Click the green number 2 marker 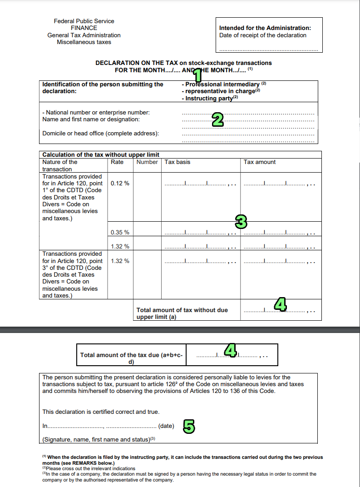click(218, 120)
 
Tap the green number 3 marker click(241, 222)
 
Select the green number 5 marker click(189, 426)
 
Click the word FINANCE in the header click(84, 28)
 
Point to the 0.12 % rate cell click(120, 184)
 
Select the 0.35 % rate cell click(120, 232)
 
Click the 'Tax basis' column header click(178, 162)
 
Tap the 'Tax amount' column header click(260, 162)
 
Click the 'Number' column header click(147, 162)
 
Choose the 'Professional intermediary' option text click(222, 84)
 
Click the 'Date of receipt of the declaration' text click(263, 35)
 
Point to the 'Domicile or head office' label click(100, 134)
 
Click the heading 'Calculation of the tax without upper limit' click(101, 155)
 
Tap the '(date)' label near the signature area click(166, 426)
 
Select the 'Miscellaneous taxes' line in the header click(84, 42)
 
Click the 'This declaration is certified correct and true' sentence click(101, 412)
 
